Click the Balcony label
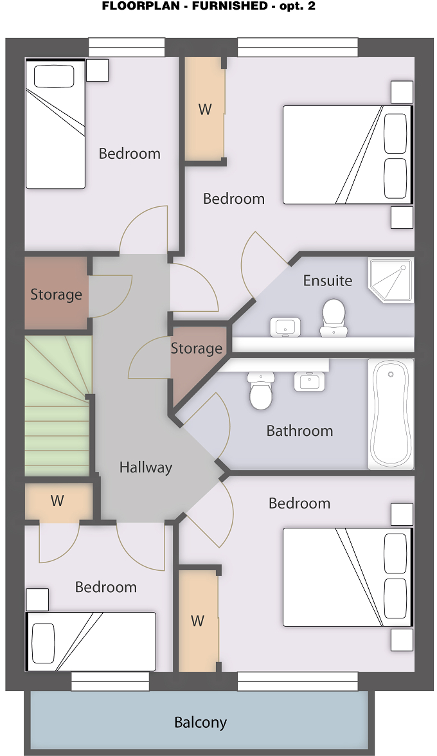pyautogui.click(x=201, y=723)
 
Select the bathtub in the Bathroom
pyautogui.click(x=391, y=414)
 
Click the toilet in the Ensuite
pyautogui.click(x=334, y=318)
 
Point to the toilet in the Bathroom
pyautogui.click(x=262, y=390)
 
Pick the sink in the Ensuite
pyautogui.click(x=285, y=327)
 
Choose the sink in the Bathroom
pyautogui.click(x=309, y=381)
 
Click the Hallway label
pyautogui.click(x=145, y=467)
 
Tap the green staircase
pyautogui.click(x=58, y=406)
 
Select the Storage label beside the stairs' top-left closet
pyautogui.click(x=57, y=294)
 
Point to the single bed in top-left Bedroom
pyautogui.click(x=55, y=123)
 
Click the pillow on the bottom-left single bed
pyautogui.click(x=43, y=643)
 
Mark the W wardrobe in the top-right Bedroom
pyautogui.click(x=205, y=109)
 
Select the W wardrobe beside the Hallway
pyautogui.click(x=58, y=501)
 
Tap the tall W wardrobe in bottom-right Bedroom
pyautogui.click(x=198, y=620)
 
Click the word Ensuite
pyautogui.click(x=328, y=280)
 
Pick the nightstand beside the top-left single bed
pyautogui.click(x=97, y=70)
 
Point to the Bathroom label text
pyautogui.click(x=299, y=431)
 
